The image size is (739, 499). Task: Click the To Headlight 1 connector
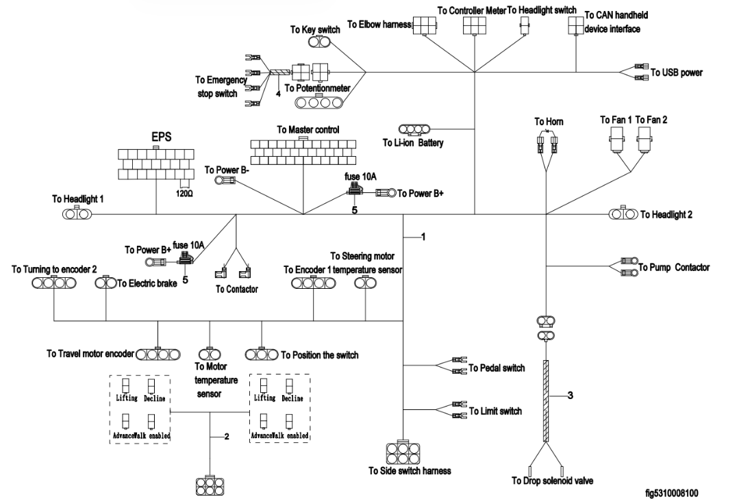[77, 214]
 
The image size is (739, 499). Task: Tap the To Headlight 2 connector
[623, 214]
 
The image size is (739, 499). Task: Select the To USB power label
[676, 72]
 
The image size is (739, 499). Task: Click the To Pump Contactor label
[674, 267]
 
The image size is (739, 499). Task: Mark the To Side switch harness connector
[405, 452]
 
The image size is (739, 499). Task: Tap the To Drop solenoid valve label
[552, 481]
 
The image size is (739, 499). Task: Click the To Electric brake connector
[105, 283]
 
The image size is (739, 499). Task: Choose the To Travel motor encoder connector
[158, 355]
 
